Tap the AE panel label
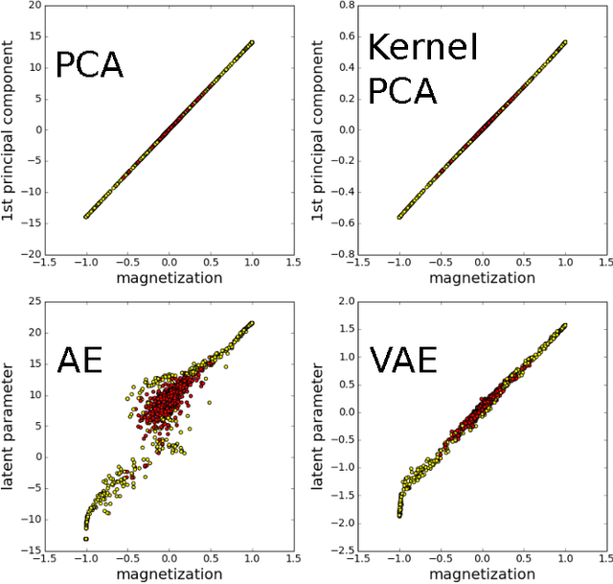(79, 361)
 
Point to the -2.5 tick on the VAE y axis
(341, 552)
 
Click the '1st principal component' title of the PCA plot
(11, 130)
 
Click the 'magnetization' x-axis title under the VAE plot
(482, 573)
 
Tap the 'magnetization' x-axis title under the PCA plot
(169, 277)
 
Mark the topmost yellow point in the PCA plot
(253, 42)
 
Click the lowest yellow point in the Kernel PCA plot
(399, 217)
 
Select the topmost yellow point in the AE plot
(253, 323)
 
